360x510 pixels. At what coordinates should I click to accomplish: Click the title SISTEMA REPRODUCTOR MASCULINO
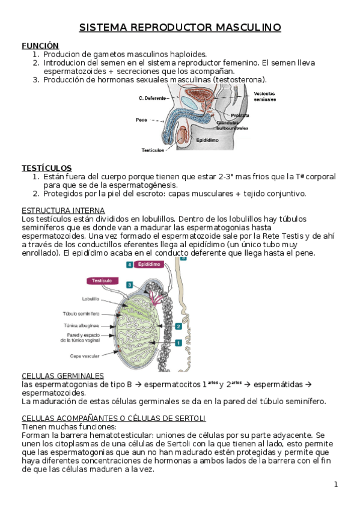click(x=180, y=27)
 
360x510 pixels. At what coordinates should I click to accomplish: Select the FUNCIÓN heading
click(x=40, y=46)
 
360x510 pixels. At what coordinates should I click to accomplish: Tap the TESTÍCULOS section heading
click(x=47, y=168)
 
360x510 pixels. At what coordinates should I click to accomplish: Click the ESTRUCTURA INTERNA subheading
click(x=63, y=210)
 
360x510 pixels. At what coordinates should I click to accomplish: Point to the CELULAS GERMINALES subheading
click(x=63, y=376)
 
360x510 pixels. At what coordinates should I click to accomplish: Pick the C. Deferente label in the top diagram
click(x=152, y=98)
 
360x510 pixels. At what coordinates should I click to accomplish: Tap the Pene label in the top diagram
click(x=141, y=120)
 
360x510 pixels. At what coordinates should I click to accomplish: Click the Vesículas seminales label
click(x=265, y=97)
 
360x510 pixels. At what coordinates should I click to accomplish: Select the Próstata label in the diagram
click(x=240, y=115)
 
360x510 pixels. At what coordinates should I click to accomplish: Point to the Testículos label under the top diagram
click(x=153, y=150)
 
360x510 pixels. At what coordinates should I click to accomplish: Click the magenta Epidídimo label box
click(x=149, y=265)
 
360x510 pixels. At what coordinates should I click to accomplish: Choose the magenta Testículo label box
click(x=102, y=281)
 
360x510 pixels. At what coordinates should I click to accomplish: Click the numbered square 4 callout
click(x=130, y=265)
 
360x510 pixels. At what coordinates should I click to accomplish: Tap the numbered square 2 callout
click(x=178, y=326)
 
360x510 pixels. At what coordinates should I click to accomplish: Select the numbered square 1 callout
click(x=178, y=343)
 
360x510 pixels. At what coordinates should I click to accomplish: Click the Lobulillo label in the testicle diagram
click(x=91, y=299)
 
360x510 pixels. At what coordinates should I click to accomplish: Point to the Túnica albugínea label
click(x=81, y=325)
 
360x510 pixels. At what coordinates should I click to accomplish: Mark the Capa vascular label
click(x=85, y=356)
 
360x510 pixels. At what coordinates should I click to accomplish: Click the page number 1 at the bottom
click(x=336, y=485)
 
